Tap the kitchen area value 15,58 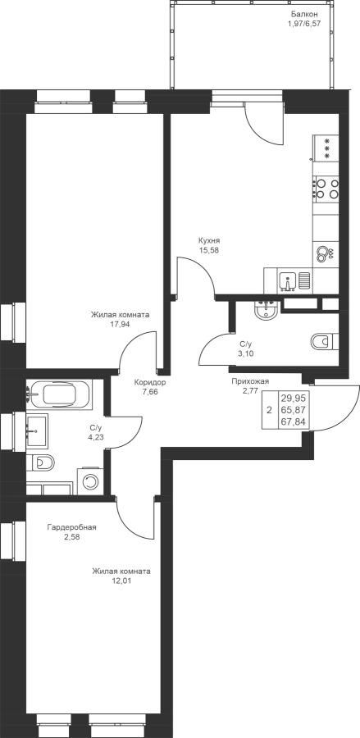click(209, 250)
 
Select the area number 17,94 click(120, 324)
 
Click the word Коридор click(149, 383)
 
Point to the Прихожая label click(250, 381)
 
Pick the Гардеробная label click(71, 527)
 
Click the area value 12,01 click(121, 581)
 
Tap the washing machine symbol click(90, 481)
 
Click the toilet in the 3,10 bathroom click(325, 341)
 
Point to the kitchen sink click(287, 280)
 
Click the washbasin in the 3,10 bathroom click(267, 310)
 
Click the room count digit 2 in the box click(269, 411)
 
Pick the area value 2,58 click(71, 536)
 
